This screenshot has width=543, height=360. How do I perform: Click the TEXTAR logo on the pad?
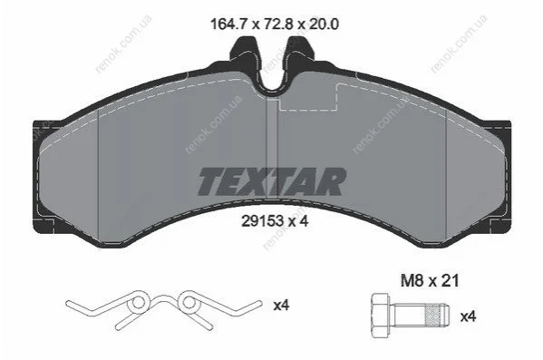[272, 181]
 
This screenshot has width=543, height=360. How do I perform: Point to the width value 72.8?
[279, 24]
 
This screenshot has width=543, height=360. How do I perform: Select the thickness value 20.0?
[324, 24]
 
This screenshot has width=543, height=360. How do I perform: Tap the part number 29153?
[263, 221]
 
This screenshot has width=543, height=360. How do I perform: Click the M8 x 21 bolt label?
[430, 280]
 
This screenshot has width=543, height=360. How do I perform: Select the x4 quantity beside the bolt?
[468, 316]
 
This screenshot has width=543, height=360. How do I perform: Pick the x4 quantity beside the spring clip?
[281, 306]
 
